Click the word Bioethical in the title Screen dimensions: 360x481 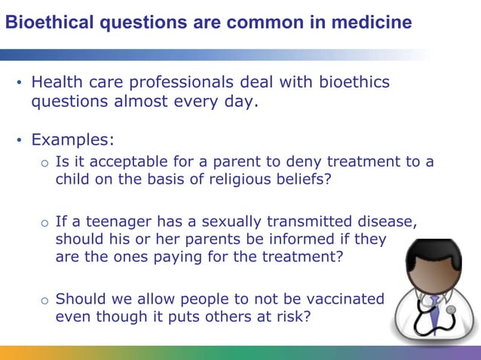pyautogui.click(x=42, y=23)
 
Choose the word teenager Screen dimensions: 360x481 pyautogui.click(x=116, y=222)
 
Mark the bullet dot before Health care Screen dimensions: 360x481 pyautogui.click(x=20, y=82)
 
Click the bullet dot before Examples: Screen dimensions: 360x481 pyautogui.click(x=20, y=141)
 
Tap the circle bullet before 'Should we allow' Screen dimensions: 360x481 pyautogui.click(x=45, y=300)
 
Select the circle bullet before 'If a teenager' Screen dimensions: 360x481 pyautogui.click(x=45, y=224)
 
